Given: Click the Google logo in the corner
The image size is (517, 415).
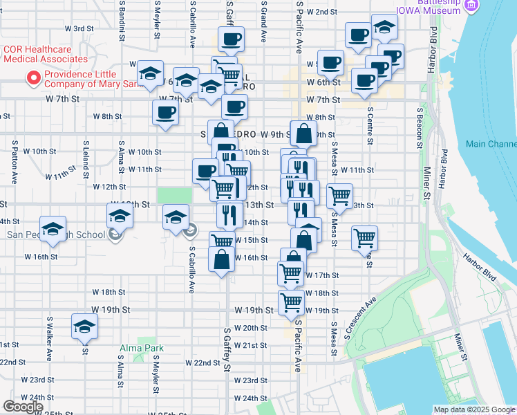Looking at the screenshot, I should (22, 407).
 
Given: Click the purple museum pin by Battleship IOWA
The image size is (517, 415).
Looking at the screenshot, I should (472, 6).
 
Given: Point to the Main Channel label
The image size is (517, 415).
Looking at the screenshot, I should (491, 144).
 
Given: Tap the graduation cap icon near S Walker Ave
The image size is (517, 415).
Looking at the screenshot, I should (84, 326).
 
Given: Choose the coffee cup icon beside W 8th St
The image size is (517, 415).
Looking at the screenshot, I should (166, 112).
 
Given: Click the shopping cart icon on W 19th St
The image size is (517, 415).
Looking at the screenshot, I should (292, 302).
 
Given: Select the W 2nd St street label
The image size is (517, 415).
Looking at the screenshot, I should (321, 12).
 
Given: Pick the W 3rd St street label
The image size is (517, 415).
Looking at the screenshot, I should (79, 28).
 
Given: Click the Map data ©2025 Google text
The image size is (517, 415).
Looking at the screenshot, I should (473, 409).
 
